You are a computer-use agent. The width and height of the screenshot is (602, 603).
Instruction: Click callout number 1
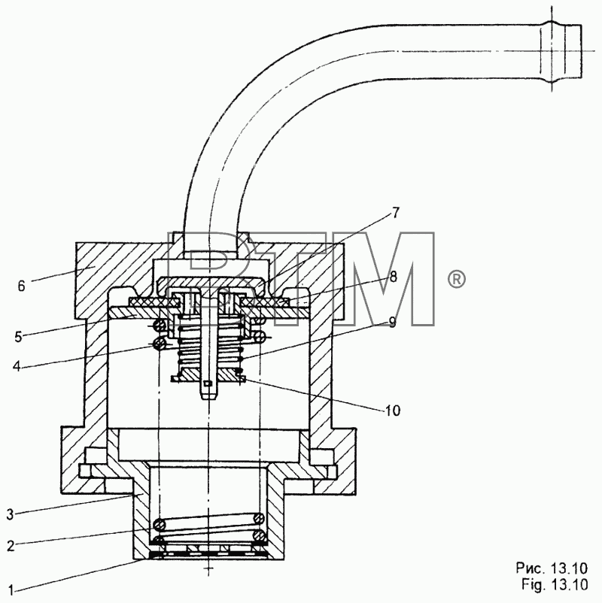11,589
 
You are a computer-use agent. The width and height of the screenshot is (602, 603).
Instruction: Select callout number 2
11,546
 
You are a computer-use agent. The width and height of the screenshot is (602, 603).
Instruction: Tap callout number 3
11,514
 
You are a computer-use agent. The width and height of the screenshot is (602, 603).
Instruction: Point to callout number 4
17,365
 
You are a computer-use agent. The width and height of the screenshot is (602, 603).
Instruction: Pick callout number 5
19,337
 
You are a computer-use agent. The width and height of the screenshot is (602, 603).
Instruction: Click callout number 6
21,286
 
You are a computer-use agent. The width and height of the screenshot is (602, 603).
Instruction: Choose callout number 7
396,213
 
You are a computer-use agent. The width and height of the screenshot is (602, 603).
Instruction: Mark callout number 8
393,277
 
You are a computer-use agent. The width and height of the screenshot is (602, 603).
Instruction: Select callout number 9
392,322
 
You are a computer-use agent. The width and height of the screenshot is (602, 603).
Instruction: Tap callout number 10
393,411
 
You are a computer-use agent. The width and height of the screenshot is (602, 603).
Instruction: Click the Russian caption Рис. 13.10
552,568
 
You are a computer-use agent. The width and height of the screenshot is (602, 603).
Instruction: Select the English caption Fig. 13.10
555,584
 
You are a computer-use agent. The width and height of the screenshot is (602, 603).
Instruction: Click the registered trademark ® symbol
456,280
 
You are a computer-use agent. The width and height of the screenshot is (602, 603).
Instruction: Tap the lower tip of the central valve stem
208,398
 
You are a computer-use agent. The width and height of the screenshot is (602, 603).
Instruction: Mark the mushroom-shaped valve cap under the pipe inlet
211,284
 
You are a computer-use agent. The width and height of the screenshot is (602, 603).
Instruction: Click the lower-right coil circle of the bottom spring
260,535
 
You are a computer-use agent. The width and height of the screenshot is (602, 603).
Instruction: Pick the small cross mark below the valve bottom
208,568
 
